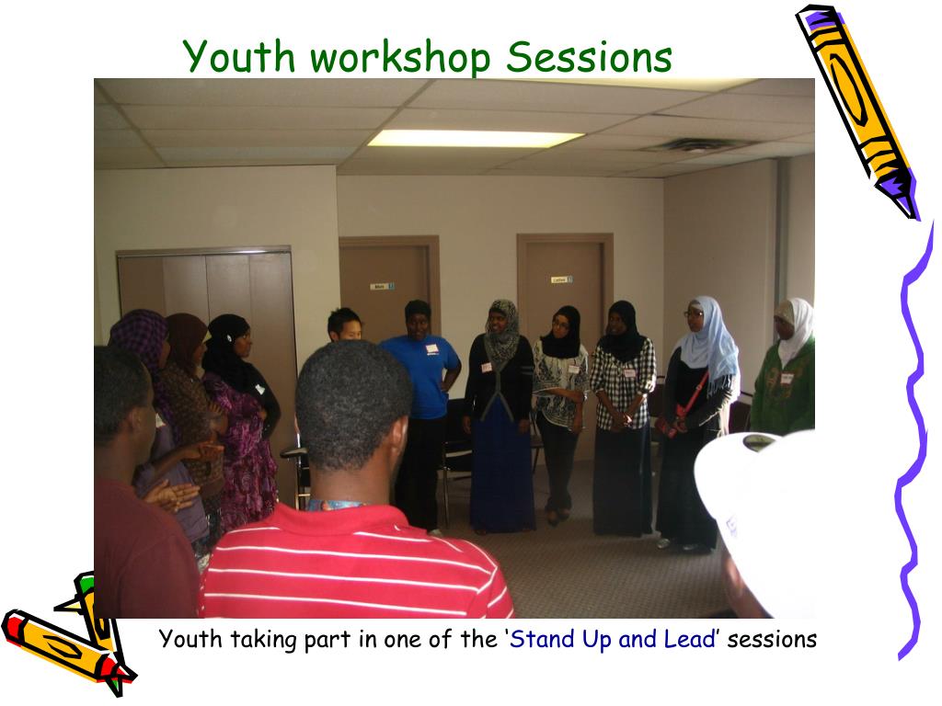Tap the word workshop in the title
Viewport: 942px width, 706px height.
pyautogui.click(x=400, y=58)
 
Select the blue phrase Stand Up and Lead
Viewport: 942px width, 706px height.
pyautogui.click(x=613, y=639)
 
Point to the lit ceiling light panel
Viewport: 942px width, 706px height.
pyautogui.click(x=475, y=138)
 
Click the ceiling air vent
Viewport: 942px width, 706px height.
pyautogui.click(x=696, y=145)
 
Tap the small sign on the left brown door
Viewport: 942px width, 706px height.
pyautogui.click(x=381, y=286)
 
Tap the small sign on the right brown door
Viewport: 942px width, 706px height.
pyautogui.click(x=560, y=279)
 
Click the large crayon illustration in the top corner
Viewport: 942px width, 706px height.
pyautogui.click(x=856, y=109)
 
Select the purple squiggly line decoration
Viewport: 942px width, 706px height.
pyautogui.click(x=911, y=441)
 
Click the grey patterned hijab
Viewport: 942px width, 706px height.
pyautogui.click(x=502, y=331)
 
